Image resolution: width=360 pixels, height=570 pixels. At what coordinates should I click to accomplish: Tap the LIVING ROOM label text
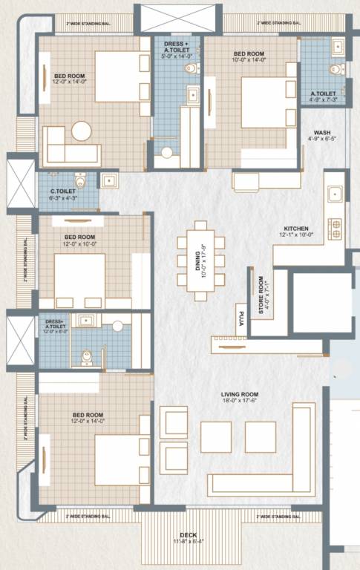(x=239, y=394)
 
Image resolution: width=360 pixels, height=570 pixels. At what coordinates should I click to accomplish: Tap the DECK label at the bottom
(x=188, y=534)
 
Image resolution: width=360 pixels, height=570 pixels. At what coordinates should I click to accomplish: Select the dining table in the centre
(x=200, y=261)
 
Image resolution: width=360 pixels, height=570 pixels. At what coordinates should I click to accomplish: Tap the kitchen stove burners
(x=336, y=228)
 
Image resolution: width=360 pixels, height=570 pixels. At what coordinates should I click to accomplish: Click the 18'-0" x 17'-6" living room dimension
(x=239, y=402)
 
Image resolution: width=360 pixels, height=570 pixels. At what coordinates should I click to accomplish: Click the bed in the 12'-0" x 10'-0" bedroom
(x=79, y=276)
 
